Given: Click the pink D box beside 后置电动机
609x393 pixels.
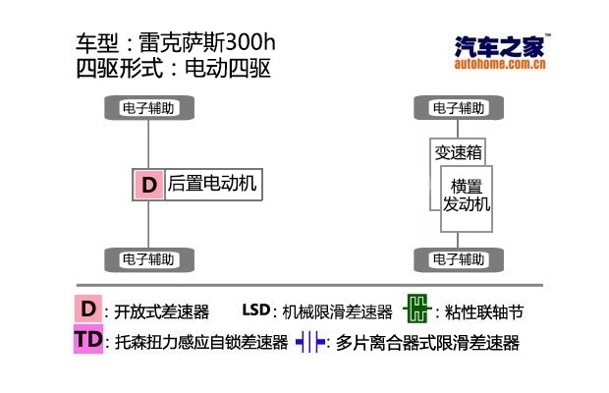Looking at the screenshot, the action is point(148,185).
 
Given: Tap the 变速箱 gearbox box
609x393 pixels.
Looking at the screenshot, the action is point(458,152).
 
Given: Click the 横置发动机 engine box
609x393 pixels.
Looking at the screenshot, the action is point(467,198).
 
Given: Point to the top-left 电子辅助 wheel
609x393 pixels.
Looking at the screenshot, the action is point(149,107).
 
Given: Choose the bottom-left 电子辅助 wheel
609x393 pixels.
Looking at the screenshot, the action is point(149,259).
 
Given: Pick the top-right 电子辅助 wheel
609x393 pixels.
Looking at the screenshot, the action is point(459,107).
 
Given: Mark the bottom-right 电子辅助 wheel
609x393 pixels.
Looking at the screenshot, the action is point(459,259).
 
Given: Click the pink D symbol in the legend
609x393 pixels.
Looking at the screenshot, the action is point(88,309).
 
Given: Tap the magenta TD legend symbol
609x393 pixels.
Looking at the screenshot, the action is point(88,339).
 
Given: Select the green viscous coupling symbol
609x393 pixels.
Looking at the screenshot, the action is point(417,309).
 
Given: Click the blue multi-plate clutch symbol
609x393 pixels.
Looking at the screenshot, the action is point(310,342).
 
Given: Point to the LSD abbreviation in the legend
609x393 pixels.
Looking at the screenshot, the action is point(256,309).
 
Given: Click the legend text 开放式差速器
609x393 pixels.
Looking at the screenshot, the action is point(161,311).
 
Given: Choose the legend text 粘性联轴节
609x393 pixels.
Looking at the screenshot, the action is point(484,311).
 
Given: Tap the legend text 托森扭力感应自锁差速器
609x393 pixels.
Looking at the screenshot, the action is point(201,343).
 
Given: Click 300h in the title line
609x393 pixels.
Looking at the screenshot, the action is point(250,42).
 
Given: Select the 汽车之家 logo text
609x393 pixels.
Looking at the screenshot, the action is point(499,46).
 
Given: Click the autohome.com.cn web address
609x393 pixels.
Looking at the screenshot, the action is point(500,64).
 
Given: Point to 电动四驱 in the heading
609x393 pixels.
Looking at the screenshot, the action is point(228,69).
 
